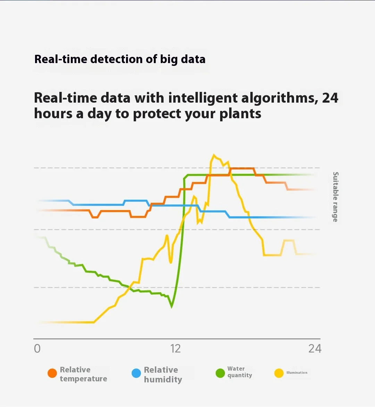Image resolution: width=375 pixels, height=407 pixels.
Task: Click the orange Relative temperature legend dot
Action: pos(52,373)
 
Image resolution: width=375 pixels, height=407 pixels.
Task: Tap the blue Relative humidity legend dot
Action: pos(136,373)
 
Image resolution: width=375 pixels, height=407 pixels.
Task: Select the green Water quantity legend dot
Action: pos(220,373)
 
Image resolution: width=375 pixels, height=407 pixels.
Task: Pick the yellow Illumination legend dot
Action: pos(279,373)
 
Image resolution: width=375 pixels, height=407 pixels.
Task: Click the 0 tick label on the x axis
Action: pos(37,348)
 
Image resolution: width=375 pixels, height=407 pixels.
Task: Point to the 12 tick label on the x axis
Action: pos(175,348)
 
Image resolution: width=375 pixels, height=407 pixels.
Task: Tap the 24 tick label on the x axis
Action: pos(315,348)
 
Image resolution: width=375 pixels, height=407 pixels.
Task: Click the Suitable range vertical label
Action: pos(335,197)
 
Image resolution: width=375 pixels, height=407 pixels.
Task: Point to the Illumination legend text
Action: pos(297,373)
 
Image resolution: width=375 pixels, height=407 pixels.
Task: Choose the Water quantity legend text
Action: pos(240,372)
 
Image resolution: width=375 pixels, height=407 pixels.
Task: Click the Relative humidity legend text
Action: pos(162,374)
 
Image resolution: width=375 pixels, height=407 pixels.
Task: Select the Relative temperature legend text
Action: pos(83,374)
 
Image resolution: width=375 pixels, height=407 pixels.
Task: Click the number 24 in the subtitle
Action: pos(330,98)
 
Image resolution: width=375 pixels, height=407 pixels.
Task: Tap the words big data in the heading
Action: pos(183,59)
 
